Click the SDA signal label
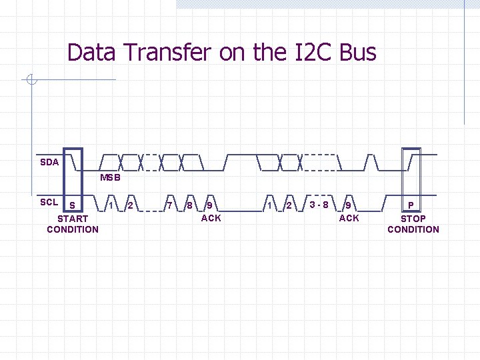[49, 162]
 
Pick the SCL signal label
[49, 202]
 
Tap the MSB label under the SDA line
[110, 178]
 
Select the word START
[73, 218]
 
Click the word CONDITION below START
[73, 229]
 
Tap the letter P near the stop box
[411, 205]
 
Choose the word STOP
[413, 218]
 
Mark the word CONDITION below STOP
[413, 229]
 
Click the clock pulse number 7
[169, 205]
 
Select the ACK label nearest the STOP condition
[349, 218]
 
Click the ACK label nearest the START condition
[211, 218]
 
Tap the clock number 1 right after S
[110, 203]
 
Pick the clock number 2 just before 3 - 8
[289, 205]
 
